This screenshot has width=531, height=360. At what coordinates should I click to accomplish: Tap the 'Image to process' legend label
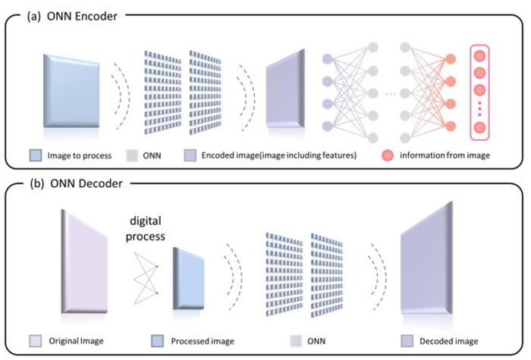coord(78,155)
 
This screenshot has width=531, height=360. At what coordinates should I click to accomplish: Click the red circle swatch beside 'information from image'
coord(388,155)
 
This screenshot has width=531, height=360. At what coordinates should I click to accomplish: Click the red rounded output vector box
coord(481,92)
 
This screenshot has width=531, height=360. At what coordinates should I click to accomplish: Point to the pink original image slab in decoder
coord(86,260)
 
